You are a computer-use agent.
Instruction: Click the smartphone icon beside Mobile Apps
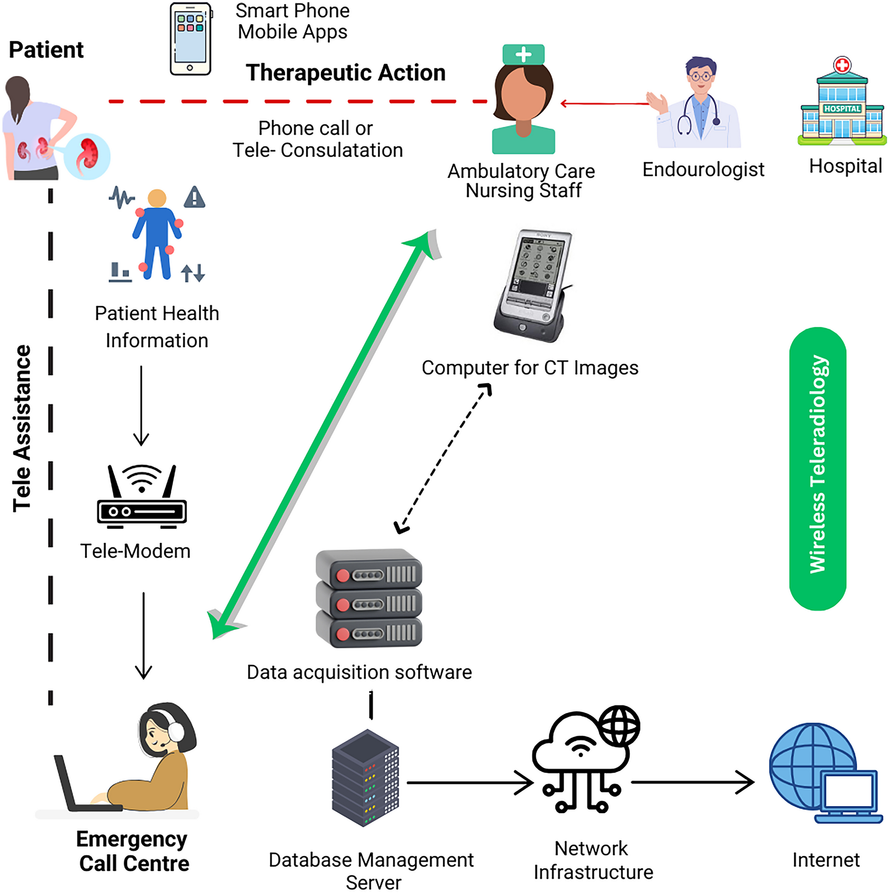click(190, 39)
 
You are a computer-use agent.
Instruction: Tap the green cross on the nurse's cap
click(523, 54)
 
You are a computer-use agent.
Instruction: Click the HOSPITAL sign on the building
click(842, 109)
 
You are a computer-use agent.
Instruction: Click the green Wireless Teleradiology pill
click(817, 469)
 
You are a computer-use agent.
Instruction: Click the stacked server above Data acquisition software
click(369, 598)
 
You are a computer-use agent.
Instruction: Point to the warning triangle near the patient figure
click(194, 198)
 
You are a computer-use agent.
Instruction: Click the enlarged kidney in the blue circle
click(87, 155)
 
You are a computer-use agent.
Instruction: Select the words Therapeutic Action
click(346, 73)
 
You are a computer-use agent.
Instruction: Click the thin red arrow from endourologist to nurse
click(606, 104)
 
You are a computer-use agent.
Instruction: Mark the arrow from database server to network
click(469, 783)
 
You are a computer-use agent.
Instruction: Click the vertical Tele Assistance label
click(22, 428)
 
